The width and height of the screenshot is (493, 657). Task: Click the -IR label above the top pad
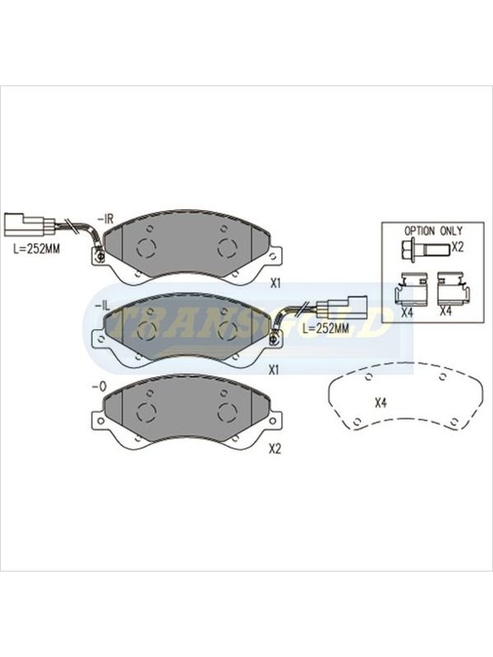[x=106, y=219]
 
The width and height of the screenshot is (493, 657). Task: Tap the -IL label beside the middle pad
[x=102, y=306]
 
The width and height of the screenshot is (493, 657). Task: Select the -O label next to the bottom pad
[x=99, y=388]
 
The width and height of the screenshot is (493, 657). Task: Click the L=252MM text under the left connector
[x=36, y=249]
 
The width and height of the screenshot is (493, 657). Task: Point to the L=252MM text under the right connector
[x=325, y=328]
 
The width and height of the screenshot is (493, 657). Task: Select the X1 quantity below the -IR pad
[x=274, y=283]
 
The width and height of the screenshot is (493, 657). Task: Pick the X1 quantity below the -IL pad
[x=274, y=370]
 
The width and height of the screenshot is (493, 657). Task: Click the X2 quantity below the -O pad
[x=274, y=449]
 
